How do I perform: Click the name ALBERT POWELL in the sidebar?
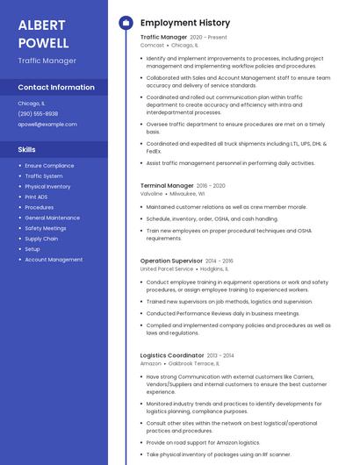tap(44, 32)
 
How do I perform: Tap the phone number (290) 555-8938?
tap(38, 113)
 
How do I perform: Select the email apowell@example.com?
tap(47, 124)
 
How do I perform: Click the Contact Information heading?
tap(56, 87)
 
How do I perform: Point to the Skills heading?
tap(26, 149)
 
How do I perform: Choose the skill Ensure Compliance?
tap(49, 165)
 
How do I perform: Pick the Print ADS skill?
tap(37, 197)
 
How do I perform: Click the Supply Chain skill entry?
tap(41, 239)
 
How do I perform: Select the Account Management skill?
tap(54, 260)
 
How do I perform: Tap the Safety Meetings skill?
tap(46, 228)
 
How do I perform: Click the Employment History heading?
tap(185, 23)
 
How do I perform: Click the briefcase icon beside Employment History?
tap(125, 23)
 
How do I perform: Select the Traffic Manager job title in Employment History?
tap(163, 38)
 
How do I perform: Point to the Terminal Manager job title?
tap(167, 186)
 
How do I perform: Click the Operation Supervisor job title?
tap(171, 261)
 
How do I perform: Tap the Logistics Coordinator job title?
tap(172, 355)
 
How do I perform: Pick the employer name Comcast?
tap(152, 45)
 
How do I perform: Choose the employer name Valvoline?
tap(153, 193)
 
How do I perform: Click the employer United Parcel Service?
tap(167, 268)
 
